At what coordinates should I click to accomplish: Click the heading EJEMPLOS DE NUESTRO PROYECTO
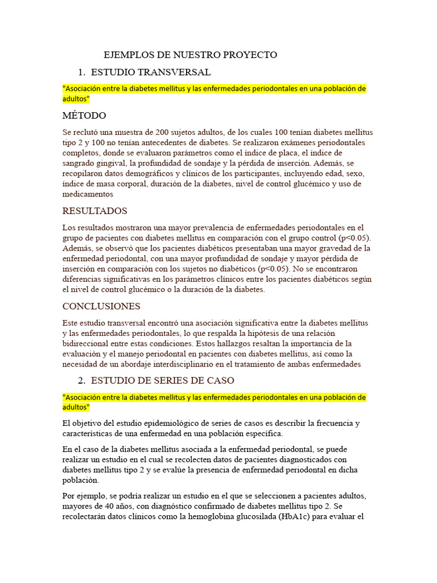(190, 55)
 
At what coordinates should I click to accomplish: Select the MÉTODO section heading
(84, 116)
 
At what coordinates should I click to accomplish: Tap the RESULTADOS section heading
(94, 211)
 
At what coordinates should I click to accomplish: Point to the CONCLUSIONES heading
(101, 306)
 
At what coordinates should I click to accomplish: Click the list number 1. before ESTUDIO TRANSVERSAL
(81, 72)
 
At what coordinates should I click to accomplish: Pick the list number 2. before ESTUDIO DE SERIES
(81, 380)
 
